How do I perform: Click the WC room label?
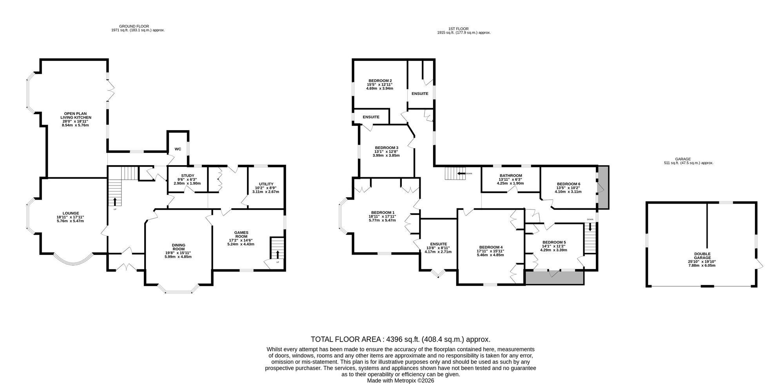178,149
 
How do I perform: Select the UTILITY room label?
266,184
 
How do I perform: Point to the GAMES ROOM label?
241,235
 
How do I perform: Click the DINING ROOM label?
179,247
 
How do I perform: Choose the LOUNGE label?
71,213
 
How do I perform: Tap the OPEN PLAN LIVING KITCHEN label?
76,116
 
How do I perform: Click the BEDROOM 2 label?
380,81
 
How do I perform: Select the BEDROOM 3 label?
386,148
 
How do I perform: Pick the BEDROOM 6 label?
568,184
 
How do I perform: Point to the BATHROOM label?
511,175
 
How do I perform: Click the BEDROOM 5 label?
554,242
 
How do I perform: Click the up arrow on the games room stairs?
278,253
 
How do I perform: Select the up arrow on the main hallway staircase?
115,202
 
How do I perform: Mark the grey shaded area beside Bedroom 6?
602,187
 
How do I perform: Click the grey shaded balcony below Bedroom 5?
555,277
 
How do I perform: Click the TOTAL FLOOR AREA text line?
401,339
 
